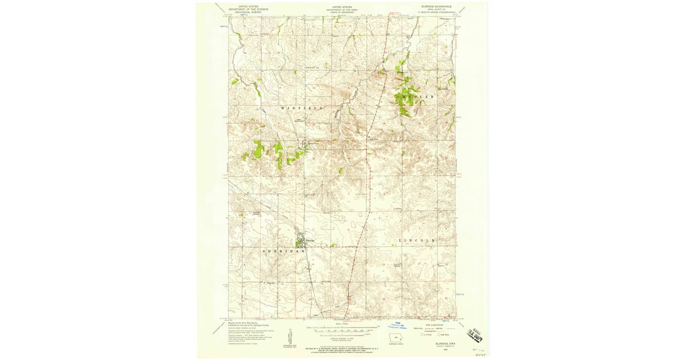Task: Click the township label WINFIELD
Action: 302,107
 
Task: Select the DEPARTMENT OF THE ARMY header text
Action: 342,9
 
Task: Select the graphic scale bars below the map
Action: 342,329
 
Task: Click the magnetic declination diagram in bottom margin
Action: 290,337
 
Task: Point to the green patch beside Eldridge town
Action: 298,243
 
